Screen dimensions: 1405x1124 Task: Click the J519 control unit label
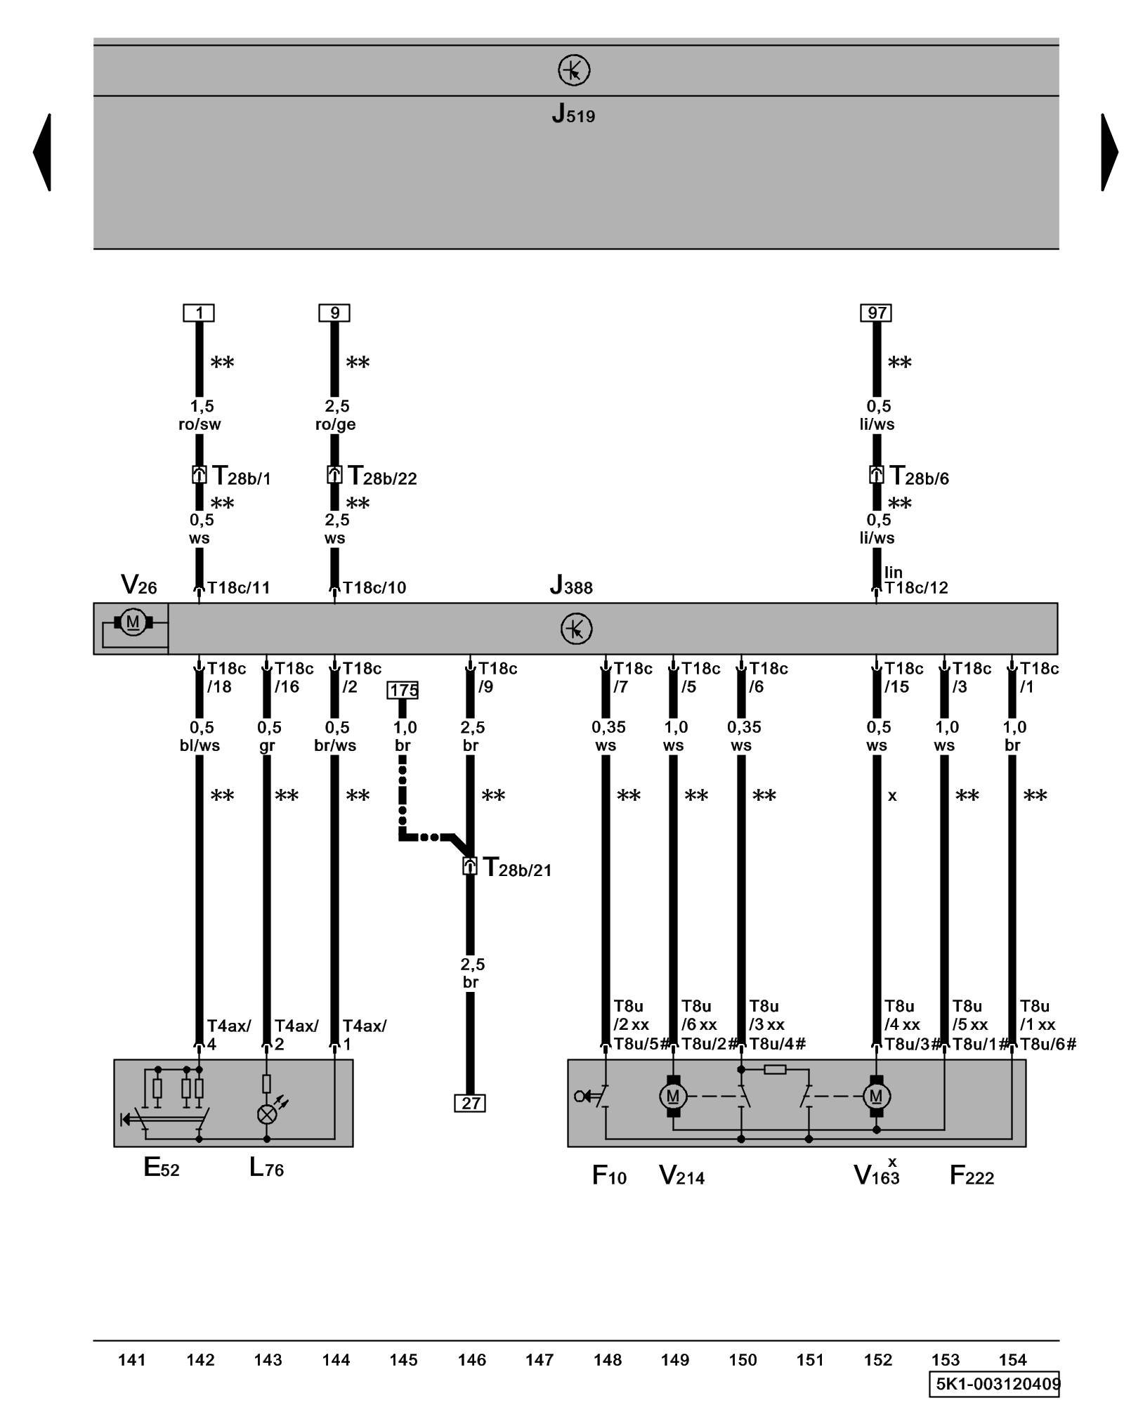click(573, 113)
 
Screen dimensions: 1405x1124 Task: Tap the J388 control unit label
click(570, 584)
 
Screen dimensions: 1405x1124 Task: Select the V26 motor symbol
click(132, 622)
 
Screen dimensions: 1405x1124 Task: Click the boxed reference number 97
click(876, 313)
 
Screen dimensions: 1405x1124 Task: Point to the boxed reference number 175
click(403, 690)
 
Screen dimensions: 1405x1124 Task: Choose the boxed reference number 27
click(470, 1103)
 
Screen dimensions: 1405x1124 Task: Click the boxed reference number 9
click(334, 313)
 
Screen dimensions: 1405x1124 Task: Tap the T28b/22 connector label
click(382, 476)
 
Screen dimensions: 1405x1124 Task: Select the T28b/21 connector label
click(517, 868)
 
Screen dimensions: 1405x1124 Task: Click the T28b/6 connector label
click(919, 476)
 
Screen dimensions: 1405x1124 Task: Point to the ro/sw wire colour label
click(200, 424)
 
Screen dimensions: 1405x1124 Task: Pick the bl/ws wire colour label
click(200, 745)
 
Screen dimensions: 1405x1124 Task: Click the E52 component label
click(162, 1168)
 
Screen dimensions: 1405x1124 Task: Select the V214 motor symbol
click(673, 1096)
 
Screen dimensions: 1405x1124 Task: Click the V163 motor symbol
click(876, 1096)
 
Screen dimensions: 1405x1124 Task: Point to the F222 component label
click(972, 1175)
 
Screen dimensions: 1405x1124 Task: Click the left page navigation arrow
click(42, 152)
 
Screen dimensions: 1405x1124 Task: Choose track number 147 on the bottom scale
click(539, 1360)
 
